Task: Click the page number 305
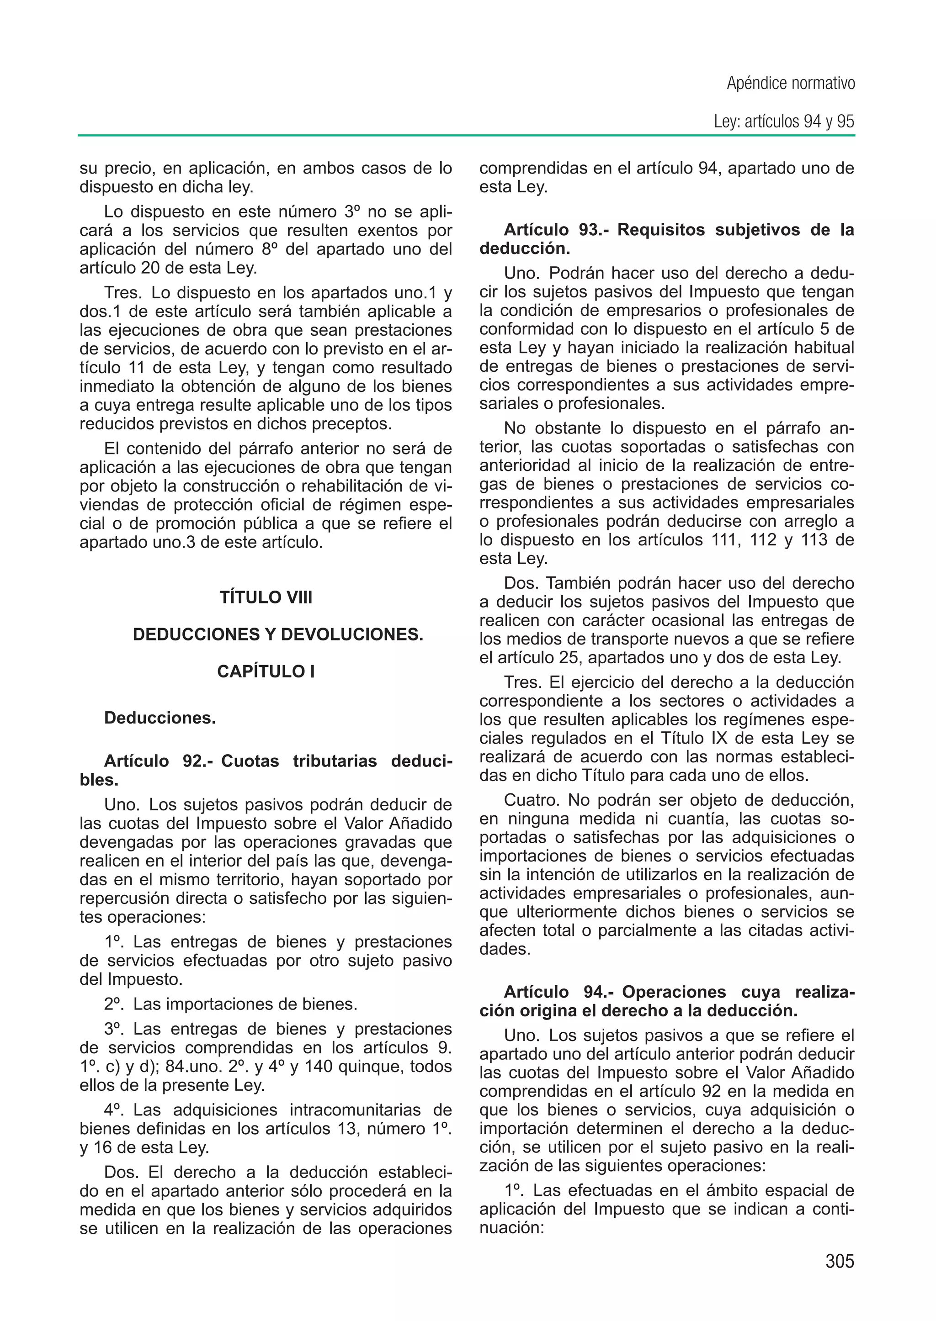tap(839, 1261)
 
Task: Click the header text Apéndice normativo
tap(790, 84)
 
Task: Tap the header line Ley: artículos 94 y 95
tap(783, 122)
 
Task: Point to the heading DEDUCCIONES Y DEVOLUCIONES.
tap(278, 634)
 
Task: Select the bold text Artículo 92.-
tap(160, 761)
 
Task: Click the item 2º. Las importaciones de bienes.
tap(230, 1004)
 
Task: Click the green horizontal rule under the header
tap(467, 135)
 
